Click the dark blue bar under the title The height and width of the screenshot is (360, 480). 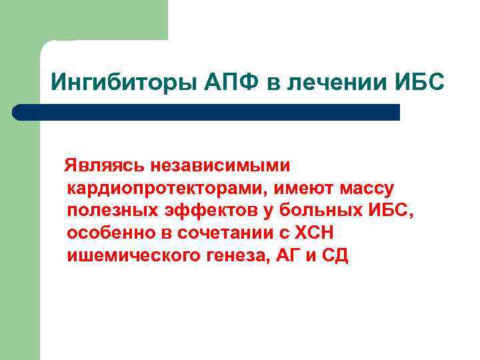[x=207, y=111]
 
